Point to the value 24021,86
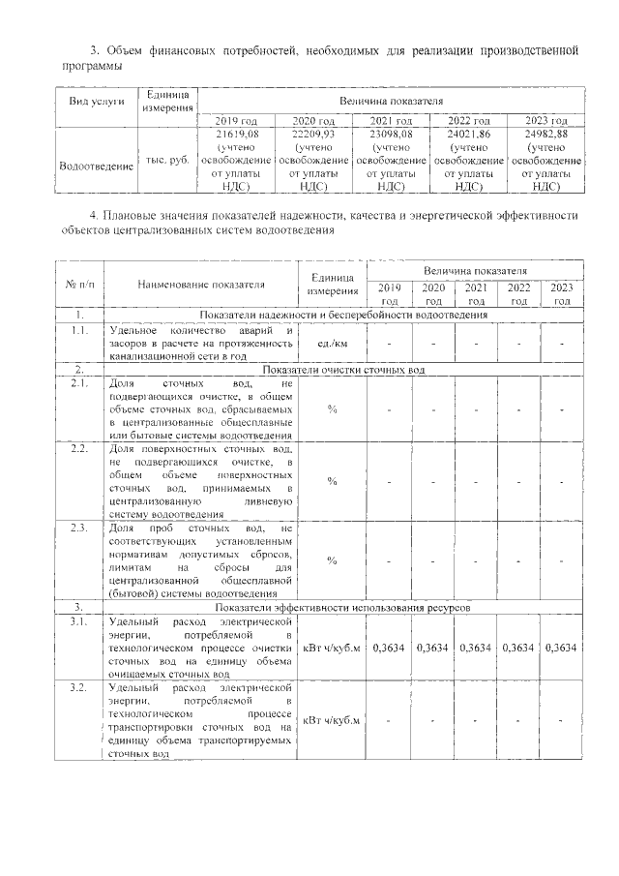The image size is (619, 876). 469,133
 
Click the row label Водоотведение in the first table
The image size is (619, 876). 96,166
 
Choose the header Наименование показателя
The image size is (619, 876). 200,286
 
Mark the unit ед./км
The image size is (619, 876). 332,344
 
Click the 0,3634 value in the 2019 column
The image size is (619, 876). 390,647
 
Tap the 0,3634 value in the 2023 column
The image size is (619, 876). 562,647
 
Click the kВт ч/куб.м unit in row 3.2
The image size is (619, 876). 332,720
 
